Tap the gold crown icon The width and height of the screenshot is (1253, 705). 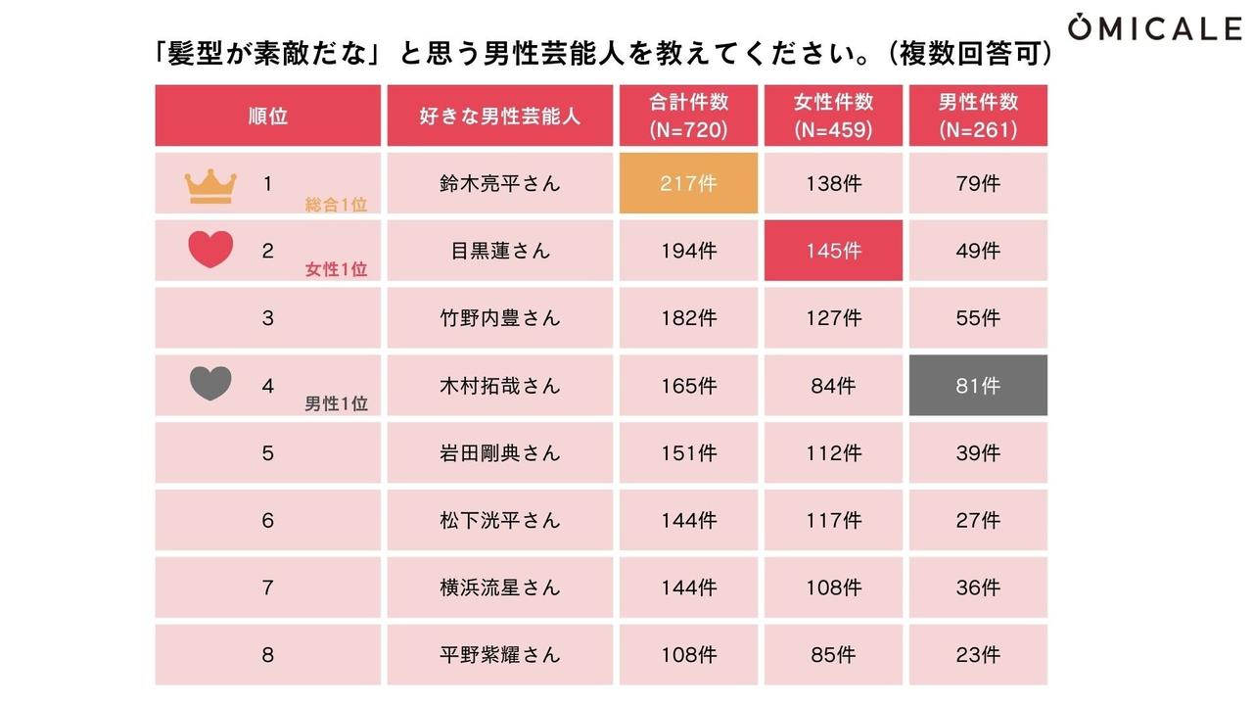point(210,185)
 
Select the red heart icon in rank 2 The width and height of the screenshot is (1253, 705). point(210,250)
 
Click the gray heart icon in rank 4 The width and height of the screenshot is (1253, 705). point(210,384)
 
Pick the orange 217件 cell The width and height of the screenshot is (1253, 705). point(688,183)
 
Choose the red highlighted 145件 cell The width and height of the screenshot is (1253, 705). point(833,251)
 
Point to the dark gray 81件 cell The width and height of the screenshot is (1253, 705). point(978,386)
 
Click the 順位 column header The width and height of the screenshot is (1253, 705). point(267,116)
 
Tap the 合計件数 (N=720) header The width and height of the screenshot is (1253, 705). point(688,116)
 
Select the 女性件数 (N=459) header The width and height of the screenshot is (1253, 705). point(833,116)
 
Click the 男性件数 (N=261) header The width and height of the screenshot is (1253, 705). point(978,116)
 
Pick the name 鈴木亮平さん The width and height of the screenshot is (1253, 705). point(499,183)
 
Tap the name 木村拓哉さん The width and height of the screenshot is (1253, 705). point(499,386)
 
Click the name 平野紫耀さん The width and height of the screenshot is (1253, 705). point(499,655)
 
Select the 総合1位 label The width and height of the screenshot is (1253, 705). point(336,204)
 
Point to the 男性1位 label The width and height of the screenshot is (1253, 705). point(336,403)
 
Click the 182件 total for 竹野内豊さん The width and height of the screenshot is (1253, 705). point(688,318)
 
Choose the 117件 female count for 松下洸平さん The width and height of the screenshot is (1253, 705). point(833,520)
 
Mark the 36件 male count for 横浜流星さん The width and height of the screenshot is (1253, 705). point(978,587)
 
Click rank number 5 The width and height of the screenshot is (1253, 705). point(267,453)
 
